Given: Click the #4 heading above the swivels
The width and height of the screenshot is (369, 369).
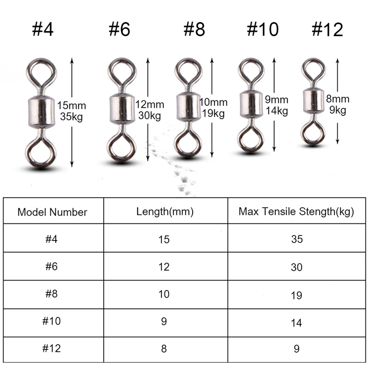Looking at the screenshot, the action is tap(43, 30).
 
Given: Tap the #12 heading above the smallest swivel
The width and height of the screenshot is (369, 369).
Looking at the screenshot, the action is tap(327, 30).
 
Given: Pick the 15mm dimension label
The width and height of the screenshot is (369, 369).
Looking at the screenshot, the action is tap(72, 106).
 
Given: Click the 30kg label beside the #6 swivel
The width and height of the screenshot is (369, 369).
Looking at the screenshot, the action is tap(149, 116).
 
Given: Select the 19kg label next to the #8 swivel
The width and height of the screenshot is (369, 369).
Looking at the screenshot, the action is tap(213, 114).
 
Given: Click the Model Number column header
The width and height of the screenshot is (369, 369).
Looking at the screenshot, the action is tap(52, 212).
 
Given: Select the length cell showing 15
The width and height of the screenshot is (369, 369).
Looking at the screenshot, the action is tap(164, 239).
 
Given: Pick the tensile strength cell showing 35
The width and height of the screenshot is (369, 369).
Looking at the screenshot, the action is tap(297, 239).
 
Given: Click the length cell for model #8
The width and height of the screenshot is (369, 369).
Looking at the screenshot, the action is tap(164, 294).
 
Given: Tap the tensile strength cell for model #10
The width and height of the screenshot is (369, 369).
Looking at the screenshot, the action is tap(297, 323).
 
